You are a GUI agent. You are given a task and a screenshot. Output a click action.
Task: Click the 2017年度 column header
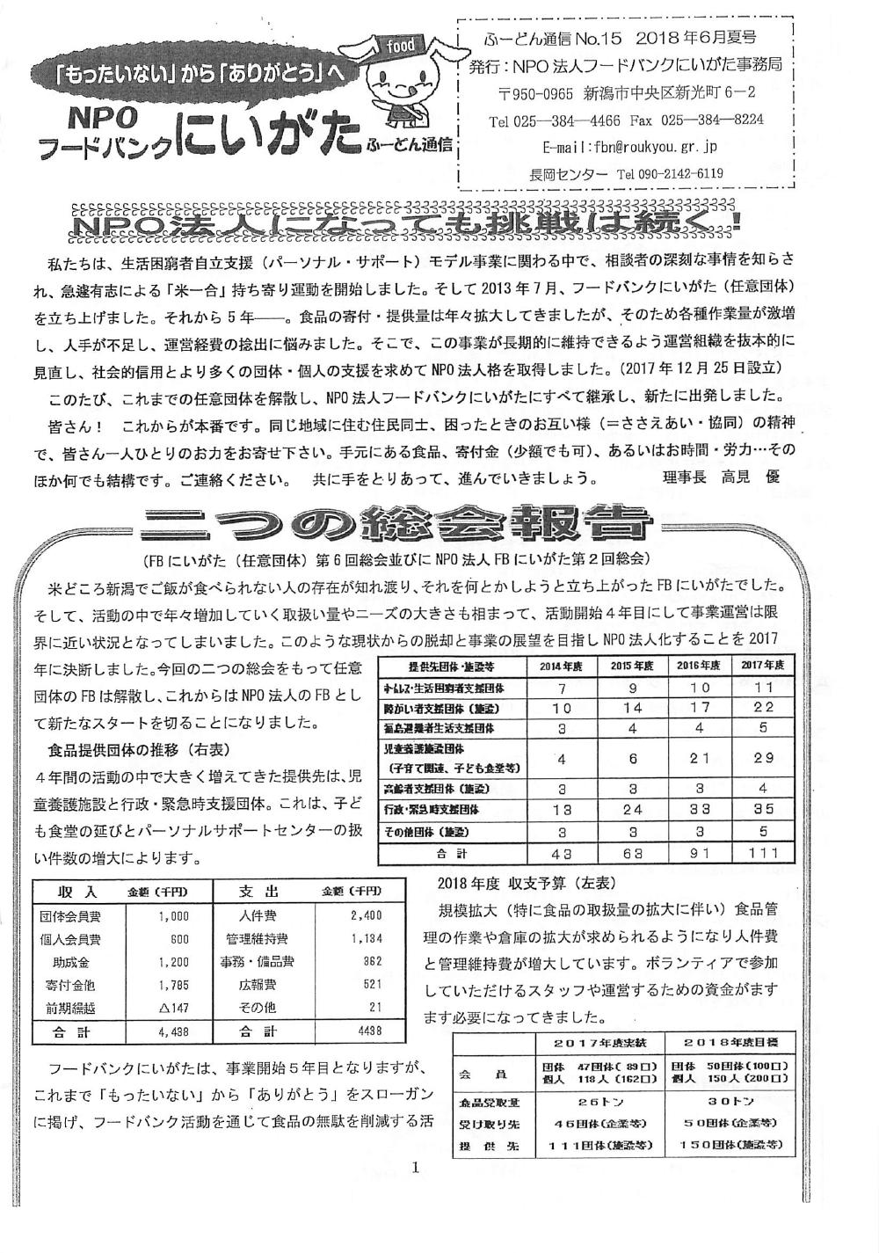coord(762,666)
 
